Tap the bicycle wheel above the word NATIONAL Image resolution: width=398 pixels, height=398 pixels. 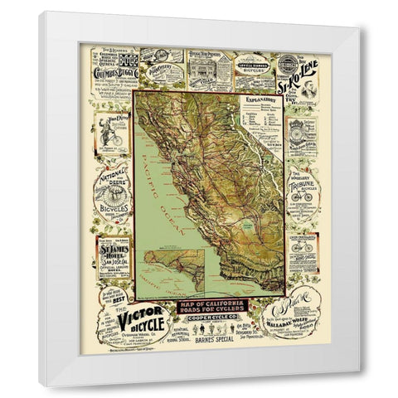(x=112, y=199)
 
